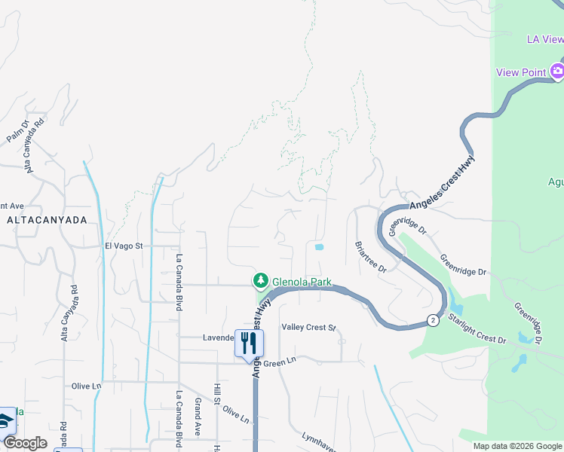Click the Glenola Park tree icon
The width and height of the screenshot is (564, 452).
click(261, 281)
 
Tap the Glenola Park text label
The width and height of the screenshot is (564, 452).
click(302, 282)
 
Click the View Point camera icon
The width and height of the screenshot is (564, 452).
click(557, 72)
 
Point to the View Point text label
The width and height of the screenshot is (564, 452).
click(520, 72)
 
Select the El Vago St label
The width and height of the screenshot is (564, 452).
click(129, 246)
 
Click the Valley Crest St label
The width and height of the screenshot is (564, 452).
click(308, 328)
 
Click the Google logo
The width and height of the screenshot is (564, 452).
click(25, 443)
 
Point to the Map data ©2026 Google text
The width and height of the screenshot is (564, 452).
click(516, 446)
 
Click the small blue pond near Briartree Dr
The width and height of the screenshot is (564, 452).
click(319, 246)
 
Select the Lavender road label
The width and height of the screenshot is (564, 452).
click(219, 337)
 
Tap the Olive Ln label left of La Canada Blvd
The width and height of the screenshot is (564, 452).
click(86, 386)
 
